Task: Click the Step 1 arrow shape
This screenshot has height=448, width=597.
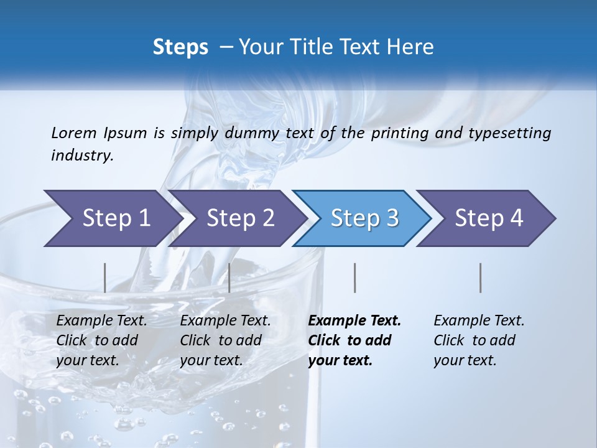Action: [112, 218]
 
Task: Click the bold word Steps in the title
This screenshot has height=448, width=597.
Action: [180, 47]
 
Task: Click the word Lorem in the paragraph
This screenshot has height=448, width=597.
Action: [74, 133]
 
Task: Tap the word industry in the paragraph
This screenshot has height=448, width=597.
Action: [81, 156]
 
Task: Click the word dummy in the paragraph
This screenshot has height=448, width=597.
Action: [256, 133]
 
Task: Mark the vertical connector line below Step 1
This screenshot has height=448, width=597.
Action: [104, 278]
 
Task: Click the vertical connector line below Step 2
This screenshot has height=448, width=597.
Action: [229, 278]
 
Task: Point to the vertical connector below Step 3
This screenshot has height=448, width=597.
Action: [354, 278]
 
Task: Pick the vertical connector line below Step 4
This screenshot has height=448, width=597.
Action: [481, 278]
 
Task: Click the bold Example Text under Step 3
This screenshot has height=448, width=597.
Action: [354, 321]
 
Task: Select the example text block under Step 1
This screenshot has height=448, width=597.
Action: [101, 340]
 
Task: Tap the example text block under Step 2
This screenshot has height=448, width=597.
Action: [225, 340]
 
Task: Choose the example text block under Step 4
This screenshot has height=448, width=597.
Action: [479, 340]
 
